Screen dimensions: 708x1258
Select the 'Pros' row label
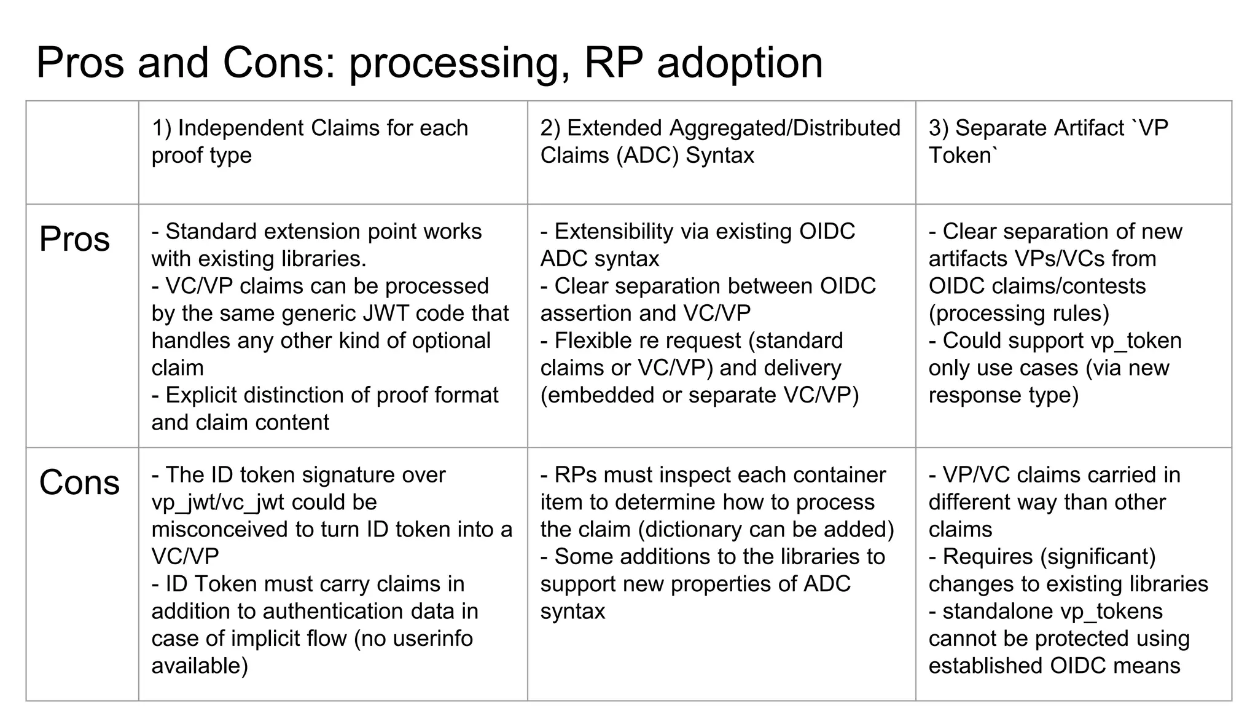tap(74, 239)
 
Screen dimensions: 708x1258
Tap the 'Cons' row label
tap(79, 482)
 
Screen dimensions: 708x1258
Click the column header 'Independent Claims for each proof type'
tap(310, 141)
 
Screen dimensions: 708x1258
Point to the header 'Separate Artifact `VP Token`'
tap(1048, 141)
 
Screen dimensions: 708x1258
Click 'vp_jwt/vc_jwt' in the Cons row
tap(218, 502)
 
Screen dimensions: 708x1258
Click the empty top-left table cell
tap(82, 152)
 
